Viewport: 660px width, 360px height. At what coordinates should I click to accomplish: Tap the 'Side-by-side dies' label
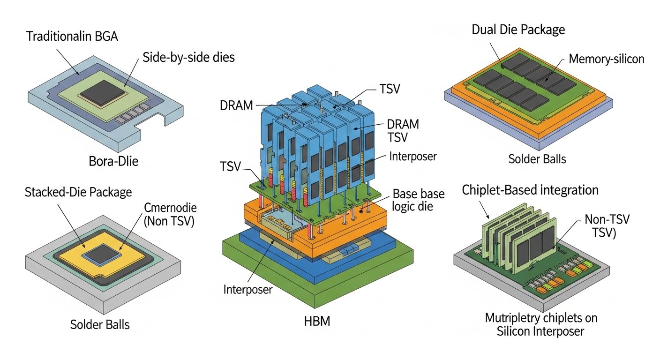click(188, 58)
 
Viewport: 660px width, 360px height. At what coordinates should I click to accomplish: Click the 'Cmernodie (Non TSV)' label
click(170, 215)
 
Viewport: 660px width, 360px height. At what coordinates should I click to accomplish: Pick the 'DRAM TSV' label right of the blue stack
click(403, 131)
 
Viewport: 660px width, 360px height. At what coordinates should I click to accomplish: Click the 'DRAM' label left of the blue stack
click(236, 106)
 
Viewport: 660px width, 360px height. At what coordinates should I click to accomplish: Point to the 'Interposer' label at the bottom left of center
click(248, 289)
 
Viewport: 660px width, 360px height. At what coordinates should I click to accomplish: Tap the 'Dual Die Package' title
click(518, 30)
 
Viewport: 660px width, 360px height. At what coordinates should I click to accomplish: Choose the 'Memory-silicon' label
click(606, 59)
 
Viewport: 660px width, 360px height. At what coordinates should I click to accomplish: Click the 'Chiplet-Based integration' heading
click(530, 190)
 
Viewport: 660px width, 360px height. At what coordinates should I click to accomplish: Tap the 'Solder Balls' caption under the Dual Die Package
click(537, 159)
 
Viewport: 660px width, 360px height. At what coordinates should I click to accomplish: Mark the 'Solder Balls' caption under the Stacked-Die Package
click(99, 324)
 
